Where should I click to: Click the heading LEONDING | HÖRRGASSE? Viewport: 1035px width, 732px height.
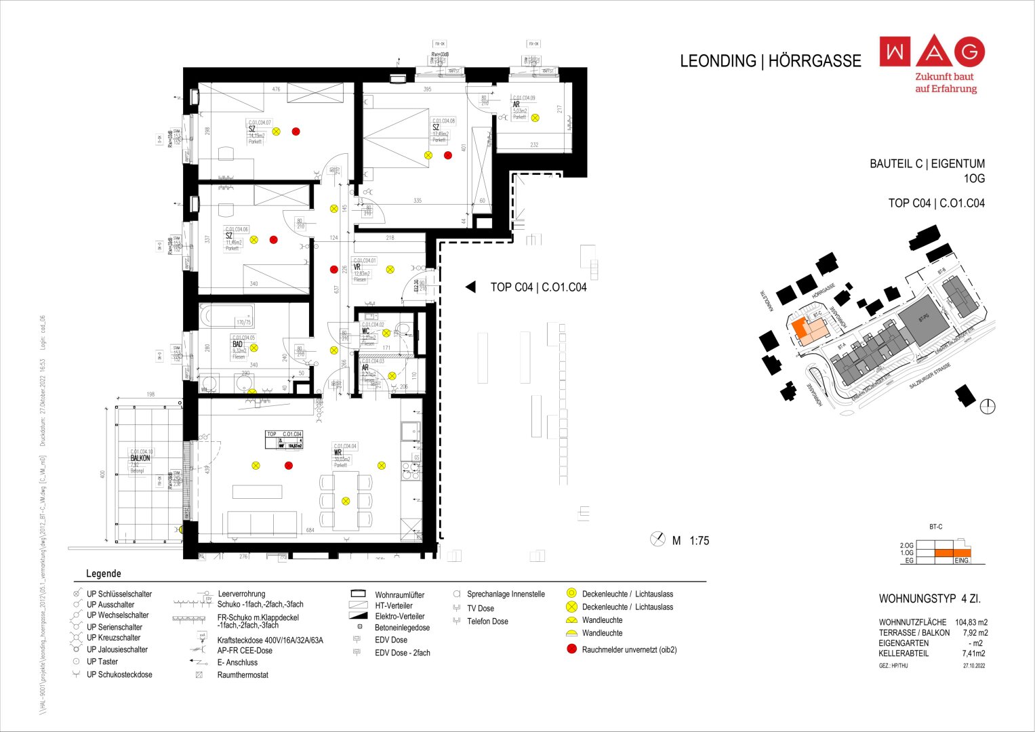tap(770, 61)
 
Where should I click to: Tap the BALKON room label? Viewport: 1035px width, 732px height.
tap(140, 458)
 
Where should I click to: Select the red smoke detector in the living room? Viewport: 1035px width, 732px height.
tap(289, 466)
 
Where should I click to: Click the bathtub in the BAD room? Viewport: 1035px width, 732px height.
tap(226, 317)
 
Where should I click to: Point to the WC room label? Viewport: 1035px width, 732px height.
tap(365, 331)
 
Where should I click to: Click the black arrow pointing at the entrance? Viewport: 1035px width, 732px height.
tap(470, 287)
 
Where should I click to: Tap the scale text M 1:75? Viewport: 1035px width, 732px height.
tap(690, 541)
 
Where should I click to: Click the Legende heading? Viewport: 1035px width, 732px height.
tap(103, 573)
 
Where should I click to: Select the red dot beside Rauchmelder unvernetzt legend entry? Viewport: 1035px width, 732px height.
tap(571, 649)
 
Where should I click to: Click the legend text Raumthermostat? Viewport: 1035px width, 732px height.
tap(243, 675)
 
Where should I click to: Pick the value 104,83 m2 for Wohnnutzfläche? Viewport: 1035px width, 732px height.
tap(971, 622)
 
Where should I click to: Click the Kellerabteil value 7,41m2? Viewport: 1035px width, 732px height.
tap(973, 653)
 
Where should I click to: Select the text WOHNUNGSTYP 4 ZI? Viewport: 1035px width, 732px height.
tap(929, 599)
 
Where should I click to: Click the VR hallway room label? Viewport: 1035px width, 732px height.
tap(357, 268)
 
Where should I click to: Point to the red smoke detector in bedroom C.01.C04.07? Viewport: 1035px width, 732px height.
tap(296, 131)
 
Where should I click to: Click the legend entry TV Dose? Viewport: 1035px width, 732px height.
tap(480, 609)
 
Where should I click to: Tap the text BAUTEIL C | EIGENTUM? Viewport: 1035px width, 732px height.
tap(927, 164)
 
